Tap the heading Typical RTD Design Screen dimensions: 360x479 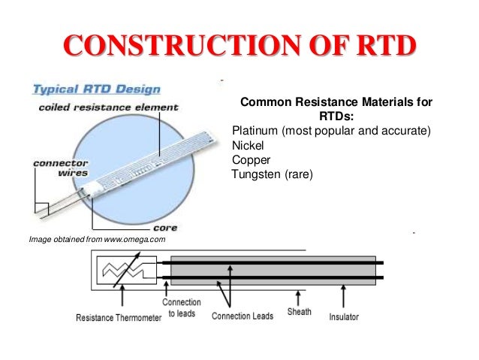point(95,89)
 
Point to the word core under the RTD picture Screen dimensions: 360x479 point(164,227)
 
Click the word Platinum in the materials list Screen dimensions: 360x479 point(257,131)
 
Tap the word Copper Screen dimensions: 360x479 point(252,160)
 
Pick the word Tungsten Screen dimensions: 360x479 point(256,175)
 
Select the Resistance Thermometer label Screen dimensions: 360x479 point(119,317)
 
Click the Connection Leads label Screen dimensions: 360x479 point(241,316)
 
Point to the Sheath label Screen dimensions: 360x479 point(300,311)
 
